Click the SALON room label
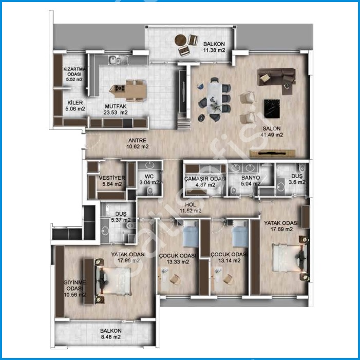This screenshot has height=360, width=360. coord(272,128)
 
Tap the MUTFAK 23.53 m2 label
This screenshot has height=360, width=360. coord(116,109)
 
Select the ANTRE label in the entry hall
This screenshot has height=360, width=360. coord(137,141)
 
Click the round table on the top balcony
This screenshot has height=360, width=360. coord(180,40)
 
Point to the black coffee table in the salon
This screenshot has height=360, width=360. coord(272,108)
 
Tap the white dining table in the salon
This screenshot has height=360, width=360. coord(215,98)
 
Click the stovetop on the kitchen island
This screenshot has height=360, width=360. coord(120,88)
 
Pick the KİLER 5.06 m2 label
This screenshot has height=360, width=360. coord(75,106)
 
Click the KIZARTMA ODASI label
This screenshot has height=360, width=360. coord(74,71)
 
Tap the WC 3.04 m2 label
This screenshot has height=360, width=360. coord(149,180)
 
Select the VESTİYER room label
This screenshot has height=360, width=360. coord(112,178)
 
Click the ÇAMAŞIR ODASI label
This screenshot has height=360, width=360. coord(205,179)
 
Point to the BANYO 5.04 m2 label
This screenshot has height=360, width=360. coord(251,181)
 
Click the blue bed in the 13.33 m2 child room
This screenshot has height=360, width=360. coord(191,234)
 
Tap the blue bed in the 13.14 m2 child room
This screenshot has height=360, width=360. coord(240,234)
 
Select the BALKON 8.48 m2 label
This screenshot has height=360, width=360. coord(110,334)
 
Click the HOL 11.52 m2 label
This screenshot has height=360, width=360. coord(191,207)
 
